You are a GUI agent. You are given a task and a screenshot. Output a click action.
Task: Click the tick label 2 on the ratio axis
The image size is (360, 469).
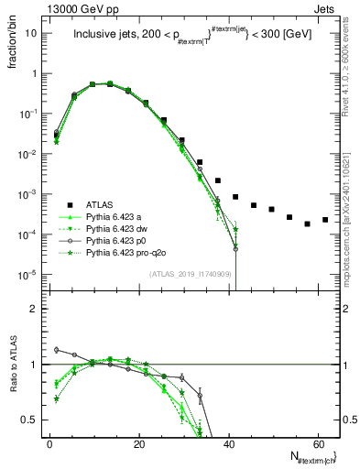pos(33,310)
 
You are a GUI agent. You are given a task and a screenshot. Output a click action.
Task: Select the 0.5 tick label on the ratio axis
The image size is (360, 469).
pos(28,420)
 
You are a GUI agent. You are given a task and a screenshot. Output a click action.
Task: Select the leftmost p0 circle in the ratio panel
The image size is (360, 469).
pos(57,349)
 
